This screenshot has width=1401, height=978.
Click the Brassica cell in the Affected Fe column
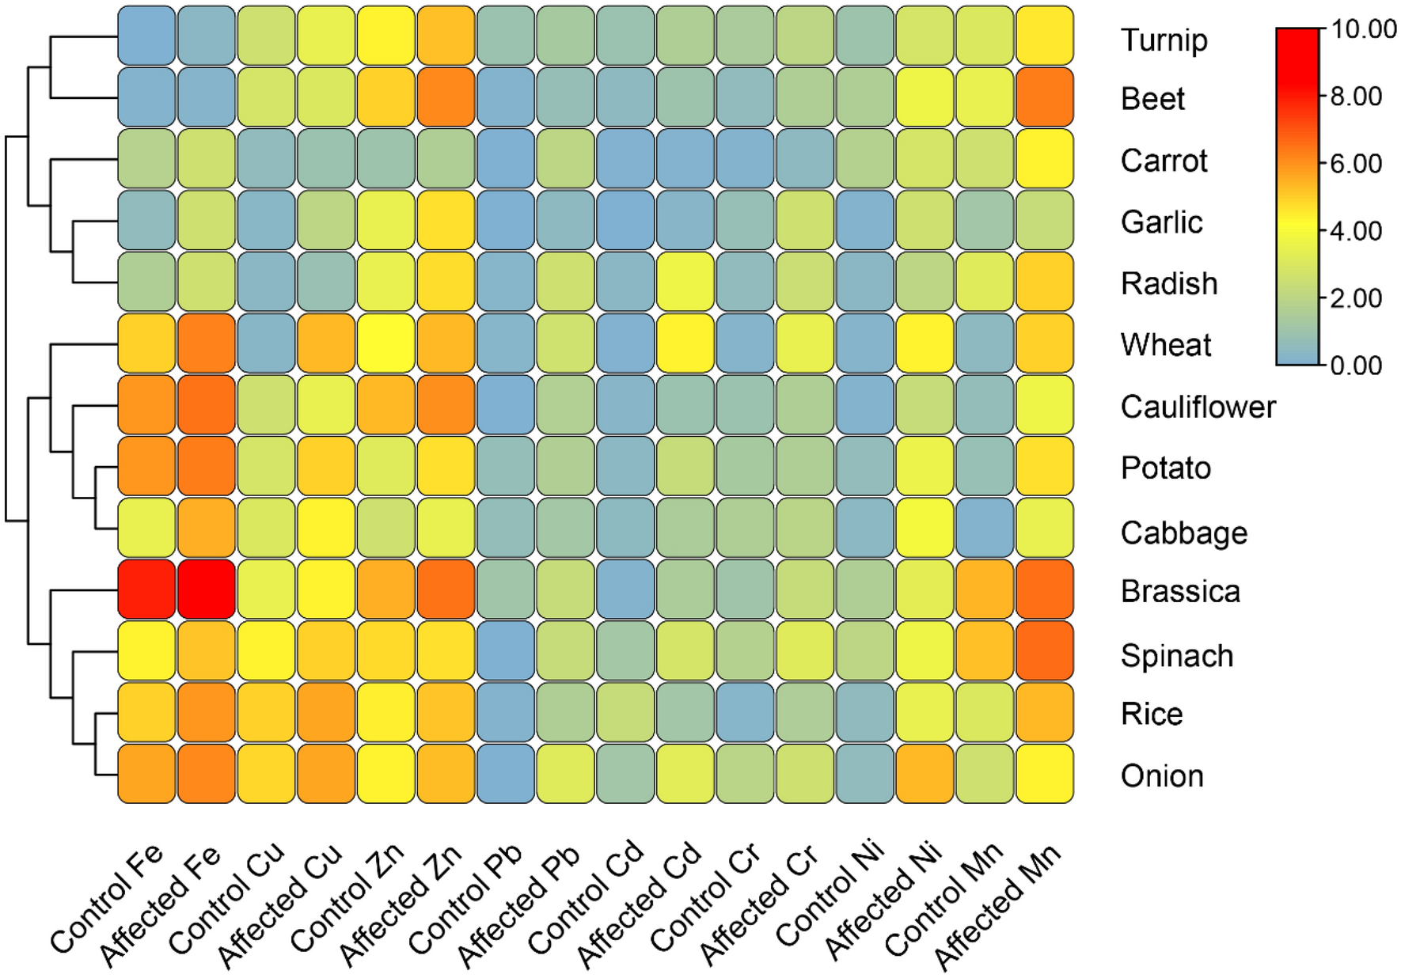coord(207,589)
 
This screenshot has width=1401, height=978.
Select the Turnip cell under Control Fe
coord(146,36)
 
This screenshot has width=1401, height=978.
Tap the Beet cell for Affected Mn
coord(1045,97)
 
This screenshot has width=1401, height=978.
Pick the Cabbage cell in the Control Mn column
coord(985,527)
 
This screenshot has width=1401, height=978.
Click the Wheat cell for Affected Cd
coord(685,343)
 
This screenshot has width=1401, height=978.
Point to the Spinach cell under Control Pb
coord(506,650)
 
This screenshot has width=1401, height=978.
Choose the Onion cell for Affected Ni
coord(925,773)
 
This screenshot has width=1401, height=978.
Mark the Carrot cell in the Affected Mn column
coord(1045,158)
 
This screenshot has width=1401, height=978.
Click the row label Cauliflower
coord(1198,407)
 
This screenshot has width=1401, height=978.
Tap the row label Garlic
coord(1161,222)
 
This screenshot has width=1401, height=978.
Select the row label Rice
coord(1152,714)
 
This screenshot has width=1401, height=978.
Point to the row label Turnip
coord(1164,40)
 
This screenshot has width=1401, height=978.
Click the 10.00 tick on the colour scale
coord(1363,29)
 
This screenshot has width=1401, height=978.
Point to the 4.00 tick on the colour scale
coord(1355,231)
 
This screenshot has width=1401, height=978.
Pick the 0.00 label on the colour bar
coord(1355,366)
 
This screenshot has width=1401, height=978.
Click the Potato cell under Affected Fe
coord(207,466)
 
